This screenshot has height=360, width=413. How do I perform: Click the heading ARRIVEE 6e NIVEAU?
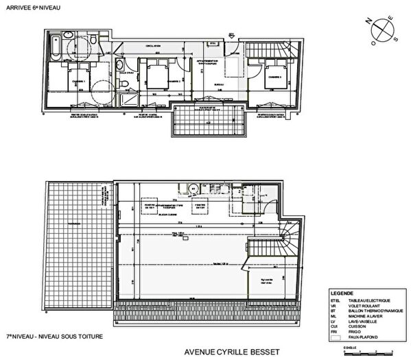pyautogui.click(x=32, y=8)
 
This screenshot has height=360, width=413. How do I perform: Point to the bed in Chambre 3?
pyautogui.click(x=274, y=75)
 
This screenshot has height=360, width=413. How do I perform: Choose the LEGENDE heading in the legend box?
pyautogui.click(x=342, y=292)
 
